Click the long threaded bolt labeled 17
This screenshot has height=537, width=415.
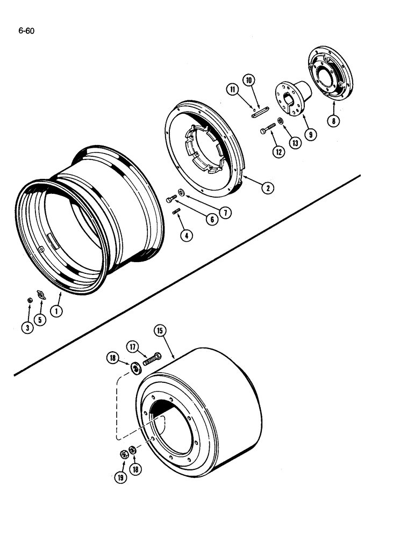(x=153, y=358)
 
